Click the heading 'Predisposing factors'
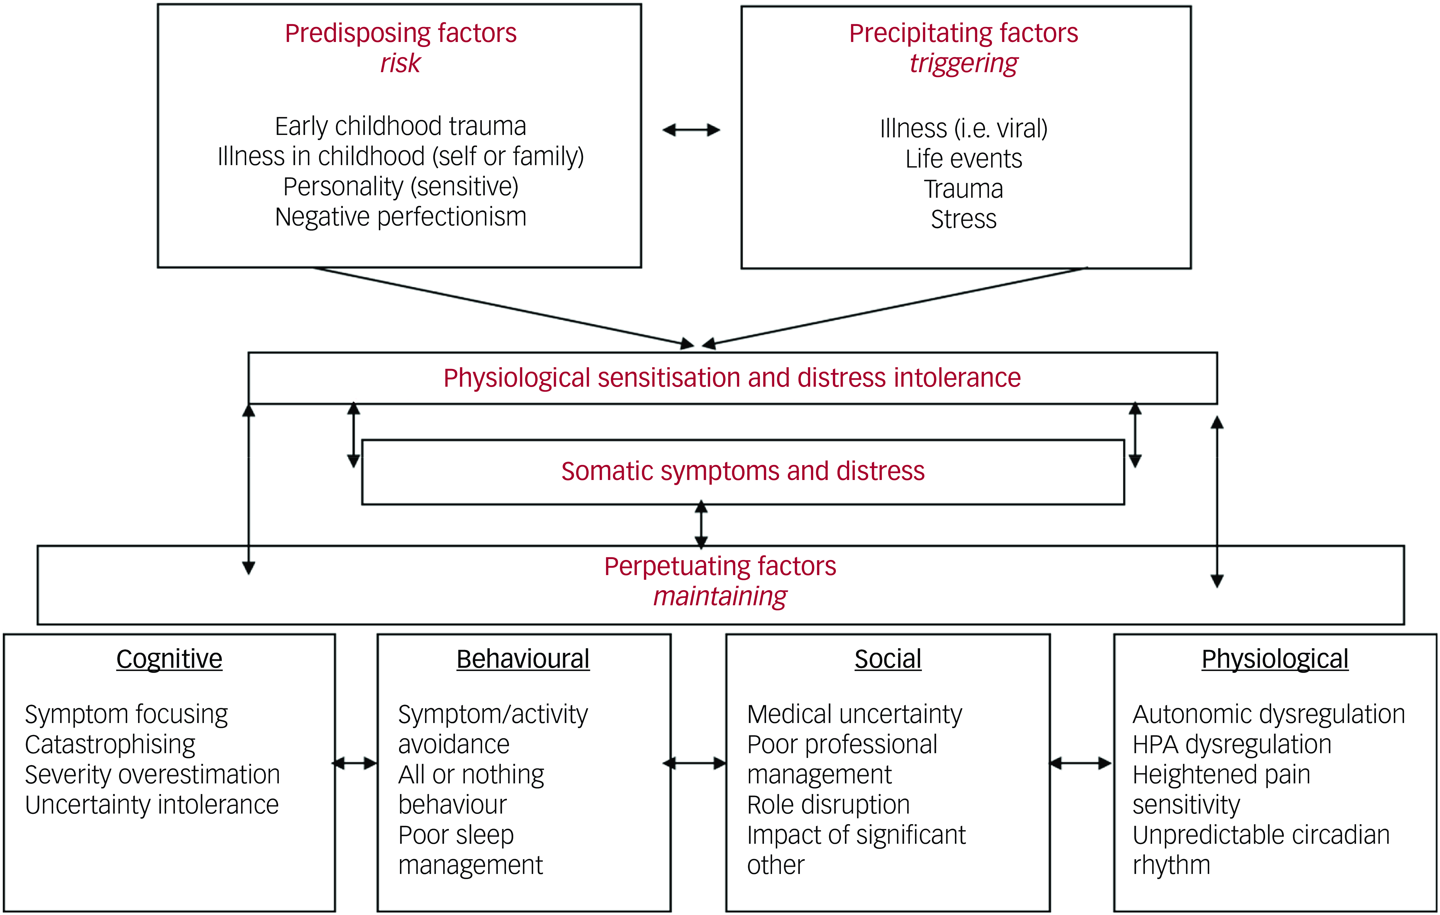coord(400,34)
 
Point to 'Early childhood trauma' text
coord(400,126)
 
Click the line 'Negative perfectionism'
coord(400,217)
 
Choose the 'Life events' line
coord(963,159)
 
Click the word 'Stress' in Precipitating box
coord(963,219)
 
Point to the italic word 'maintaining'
coord(720,597)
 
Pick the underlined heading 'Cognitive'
coord(169,659)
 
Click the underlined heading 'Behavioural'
coord(523,659)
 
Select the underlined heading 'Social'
coord(888,659)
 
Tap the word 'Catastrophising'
coord(110,745)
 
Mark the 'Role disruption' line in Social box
coord(828,805)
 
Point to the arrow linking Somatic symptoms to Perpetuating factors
coord(701,525)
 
